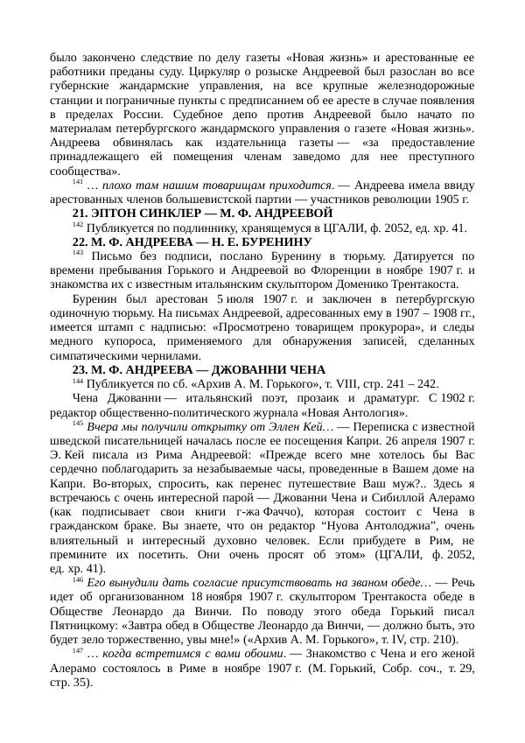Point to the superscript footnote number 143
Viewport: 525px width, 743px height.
tap(78, 253)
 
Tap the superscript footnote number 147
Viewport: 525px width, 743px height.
tap(78, 651)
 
